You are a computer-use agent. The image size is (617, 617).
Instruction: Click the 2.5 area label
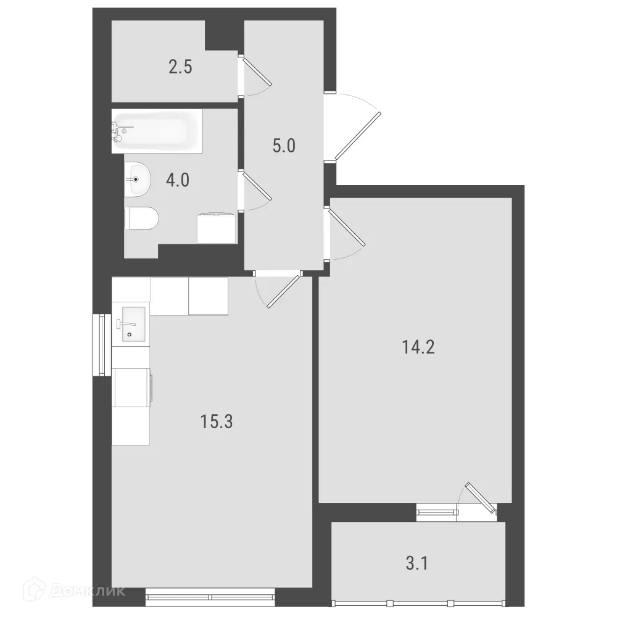coord(180,67)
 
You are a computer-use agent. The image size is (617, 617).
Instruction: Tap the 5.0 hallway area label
coord(284,146)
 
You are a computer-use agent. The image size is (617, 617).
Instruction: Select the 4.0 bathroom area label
coord(178,181)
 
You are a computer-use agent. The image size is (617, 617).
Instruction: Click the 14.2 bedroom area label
coord(418,347)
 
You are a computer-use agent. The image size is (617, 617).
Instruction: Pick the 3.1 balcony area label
coord(418,563)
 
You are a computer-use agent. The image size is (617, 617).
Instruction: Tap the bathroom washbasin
coord(138,180)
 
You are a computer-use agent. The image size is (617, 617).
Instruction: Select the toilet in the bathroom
coord(142,218)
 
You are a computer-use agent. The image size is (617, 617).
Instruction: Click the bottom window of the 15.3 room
coord(210,596)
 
